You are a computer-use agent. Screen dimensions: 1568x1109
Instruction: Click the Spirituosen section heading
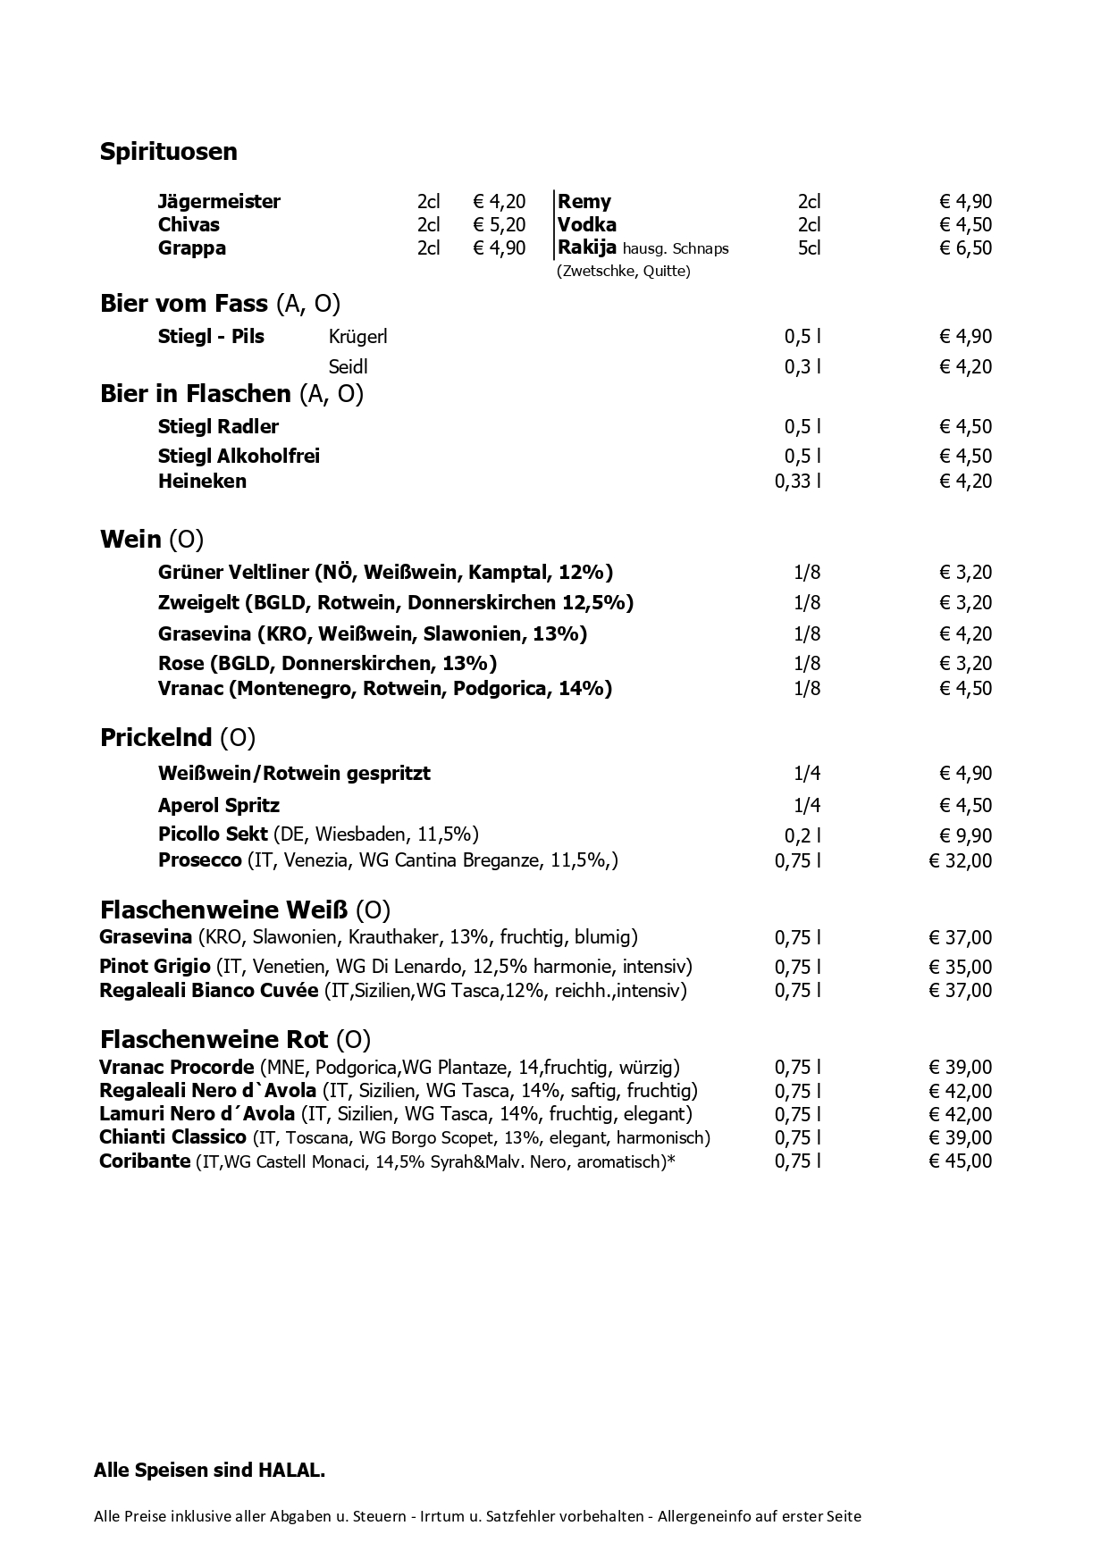(x=169, y=152)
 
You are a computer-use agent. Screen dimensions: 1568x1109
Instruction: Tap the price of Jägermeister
(x=500, y=202)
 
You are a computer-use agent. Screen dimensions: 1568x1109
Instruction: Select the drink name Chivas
(x=189, y=225)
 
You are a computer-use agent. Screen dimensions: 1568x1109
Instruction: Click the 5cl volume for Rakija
(x=809, y=248)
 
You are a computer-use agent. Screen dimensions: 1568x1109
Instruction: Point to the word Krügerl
(x=357, y=337)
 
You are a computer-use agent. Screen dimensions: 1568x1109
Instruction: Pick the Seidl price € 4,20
(x=965, y=367)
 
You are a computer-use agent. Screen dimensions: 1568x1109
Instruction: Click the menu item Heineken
(x=202, y=482)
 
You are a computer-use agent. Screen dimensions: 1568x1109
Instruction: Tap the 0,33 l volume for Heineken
(x=797, y=482)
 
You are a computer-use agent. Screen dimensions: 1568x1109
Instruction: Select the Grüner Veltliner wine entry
(x=385, y=573)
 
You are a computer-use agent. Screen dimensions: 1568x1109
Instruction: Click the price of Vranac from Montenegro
(x=965, y=689)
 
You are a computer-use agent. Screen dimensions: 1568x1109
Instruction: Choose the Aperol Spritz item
(x=219, y=806)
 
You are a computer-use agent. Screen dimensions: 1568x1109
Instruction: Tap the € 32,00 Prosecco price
(x=961, y=861)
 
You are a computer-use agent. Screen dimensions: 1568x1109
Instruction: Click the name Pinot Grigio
(x=155, y=967)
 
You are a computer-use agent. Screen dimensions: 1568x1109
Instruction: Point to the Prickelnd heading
(x=156, y=738)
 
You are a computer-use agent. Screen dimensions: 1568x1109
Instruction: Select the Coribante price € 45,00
(x=961, y=1161)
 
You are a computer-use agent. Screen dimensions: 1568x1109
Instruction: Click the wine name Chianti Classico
(x=172, y=1137)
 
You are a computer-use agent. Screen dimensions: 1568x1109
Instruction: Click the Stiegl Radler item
(x=218, y=427)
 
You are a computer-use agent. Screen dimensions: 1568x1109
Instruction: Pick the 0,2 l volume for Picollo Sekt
(x=802, y=836)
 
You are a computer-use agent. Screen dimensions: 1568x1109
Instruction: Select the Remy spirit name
(x=584, y=202)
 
